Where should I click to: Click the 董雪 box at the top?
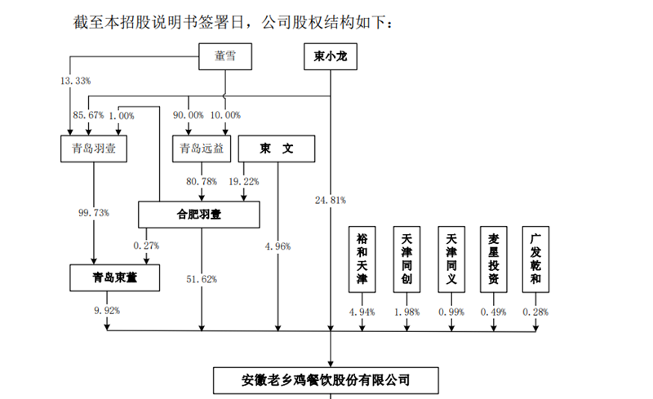[226, 57]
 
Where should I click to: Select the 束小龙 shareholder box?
[330, 57]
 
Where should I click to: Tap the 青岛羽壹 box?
[93, 149]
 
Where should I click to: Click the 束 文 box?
[277, 149]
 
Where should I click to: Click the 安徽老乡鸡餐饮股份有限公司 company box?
[330, 379]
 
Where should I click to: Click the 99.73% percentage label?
[93, 213]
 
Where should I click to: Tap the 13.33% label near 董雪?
[76, 82]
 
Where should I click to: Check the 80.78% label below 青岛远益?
[202, 181]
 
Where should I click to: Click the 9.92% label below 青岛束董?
[107, 311]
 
